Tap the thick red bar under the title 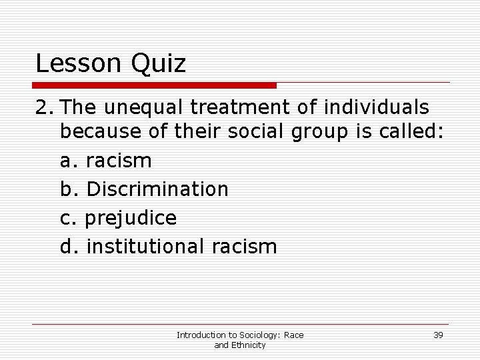pyautogui.click(x=154, y=85)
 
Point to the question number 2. pyautogui.click(x=42, y=107)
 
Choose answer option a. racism pyautogui.click(x=106, y=161)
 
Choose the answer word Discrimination pyautogui.click(x=157, y=189)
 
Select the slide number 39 pyautogui.click(x=438, y=335)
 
